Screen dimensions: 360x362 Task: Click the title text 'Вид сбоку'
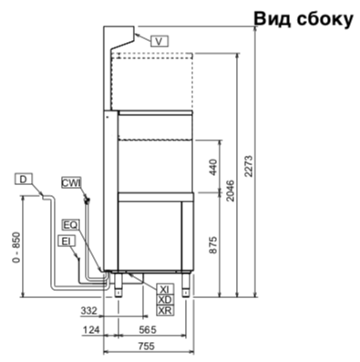click(x=303, y=19)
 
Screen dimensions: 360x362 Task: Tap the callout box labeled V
click(x=159, y=41)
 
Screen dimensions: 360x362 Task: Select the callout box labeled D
click(x=24, y=180)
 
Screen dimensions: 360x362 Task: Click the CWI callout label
click(x=71, y=183)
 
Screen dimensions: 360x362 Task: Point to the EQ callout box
click(x=70, y=225)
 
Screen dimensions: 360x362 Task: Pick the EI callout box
click(x=67, y=242)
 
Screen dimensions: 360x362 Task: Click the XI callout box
click(x=166, y=289)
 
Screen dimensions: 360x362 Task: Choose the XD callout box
click(x=166, y=300)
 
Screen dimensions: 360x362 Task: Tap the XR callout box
click(x=166, y=310)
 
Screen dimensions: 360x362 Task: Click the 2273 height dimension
click(x=249, y=166)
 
